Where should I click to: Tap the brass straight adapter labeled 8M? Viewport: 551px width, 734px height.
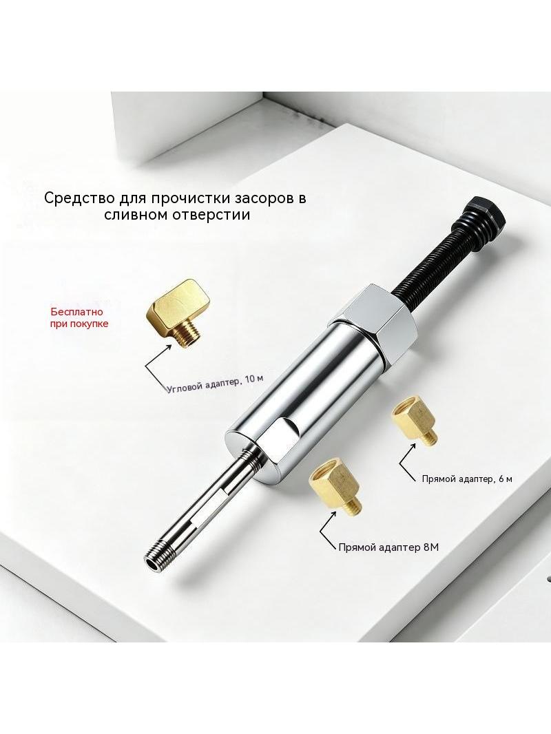(335, 487)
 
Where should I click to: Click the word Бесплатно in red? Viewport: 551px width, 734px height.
(76, 312)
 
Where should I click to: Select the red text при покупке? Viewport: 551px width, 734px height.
(79, 324)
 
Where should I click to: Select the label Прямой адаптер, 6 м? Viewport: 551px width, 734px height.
(467, 479)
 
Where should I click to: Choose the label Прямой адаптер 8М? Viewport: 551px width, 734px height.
(388, 547)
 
